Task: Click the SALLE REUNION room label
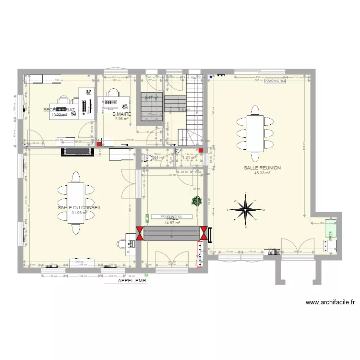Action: click(262, 168)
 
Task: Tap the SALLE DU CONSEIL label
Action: click(79, 208)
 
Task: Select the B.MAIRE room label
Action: click(121, 115)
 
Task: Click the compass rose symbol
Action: click(246, 209)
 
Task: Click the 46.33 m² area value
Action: click(262, 173)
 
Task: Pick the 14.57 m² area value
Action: click(172, 223)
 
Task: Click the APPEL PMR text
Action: click(132, 281)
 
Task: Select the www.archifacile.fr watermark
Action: click(330, 302)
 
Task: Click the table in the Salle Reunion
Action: click(254, 133)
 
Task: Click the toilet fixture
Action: click(146, 157)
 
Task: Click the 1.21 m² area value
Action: click(188, 157)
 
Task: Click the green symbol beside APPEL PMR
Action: click(146, 276)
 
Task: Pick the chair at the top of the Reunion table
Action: click(254, 110)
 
